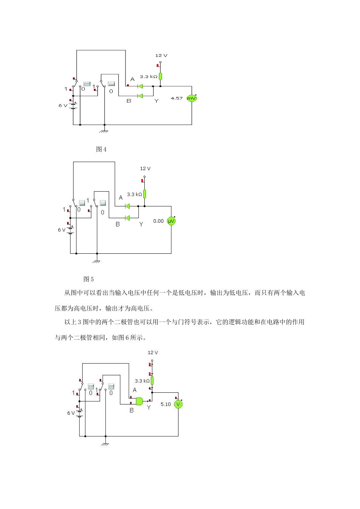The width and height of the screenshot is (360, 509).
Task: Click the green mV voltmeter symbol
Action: (192, 98)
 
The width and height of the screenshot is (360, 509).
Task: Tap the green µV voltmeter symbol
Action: (171, 221)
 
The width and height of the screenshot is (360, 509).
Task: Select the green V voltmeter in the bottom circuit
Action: (178, 404)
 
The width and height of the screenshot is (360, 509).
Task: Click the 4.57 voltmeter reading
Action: (177, 98)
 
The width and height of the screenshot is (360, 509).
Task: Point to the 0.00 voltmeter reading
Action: (158, 221)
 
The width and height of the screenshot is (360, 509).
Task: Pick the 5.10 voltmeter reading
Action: (166, 404)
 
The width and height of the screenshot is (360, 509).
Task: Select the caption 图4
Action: (101, 149)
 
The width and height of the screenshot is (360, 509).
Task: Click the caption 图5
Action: (89, 279)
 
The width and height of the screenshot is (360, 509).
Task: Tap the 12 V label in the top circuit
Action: (161, 55)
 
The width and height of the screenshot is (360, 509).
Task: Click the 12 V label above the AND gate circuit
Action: (153, 352)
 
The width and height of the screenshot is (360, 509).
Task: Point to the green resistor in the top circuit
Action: (160, 77)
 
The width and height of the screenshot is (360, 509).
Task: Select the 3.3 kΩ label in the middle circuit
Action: (135, 194)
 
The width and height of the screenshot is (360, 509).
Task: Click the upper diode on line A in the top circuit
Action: (140, 86)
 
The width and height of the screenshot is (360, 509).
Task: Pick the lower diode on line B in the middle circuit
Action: (127, 218)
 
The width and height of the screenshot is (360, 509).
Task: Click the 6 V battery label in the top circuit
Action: (63, 105)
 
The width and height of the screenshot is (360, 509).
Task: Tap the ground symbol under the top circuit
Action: (104, 131)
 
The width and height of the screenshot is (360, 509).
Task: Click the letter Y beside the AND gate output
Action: (149, 408)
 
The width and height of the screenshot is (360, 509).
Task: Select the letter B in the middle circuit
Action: (117, 224)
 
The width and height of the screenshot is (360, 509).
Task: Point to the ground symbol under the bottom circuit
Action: (105, 443)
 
